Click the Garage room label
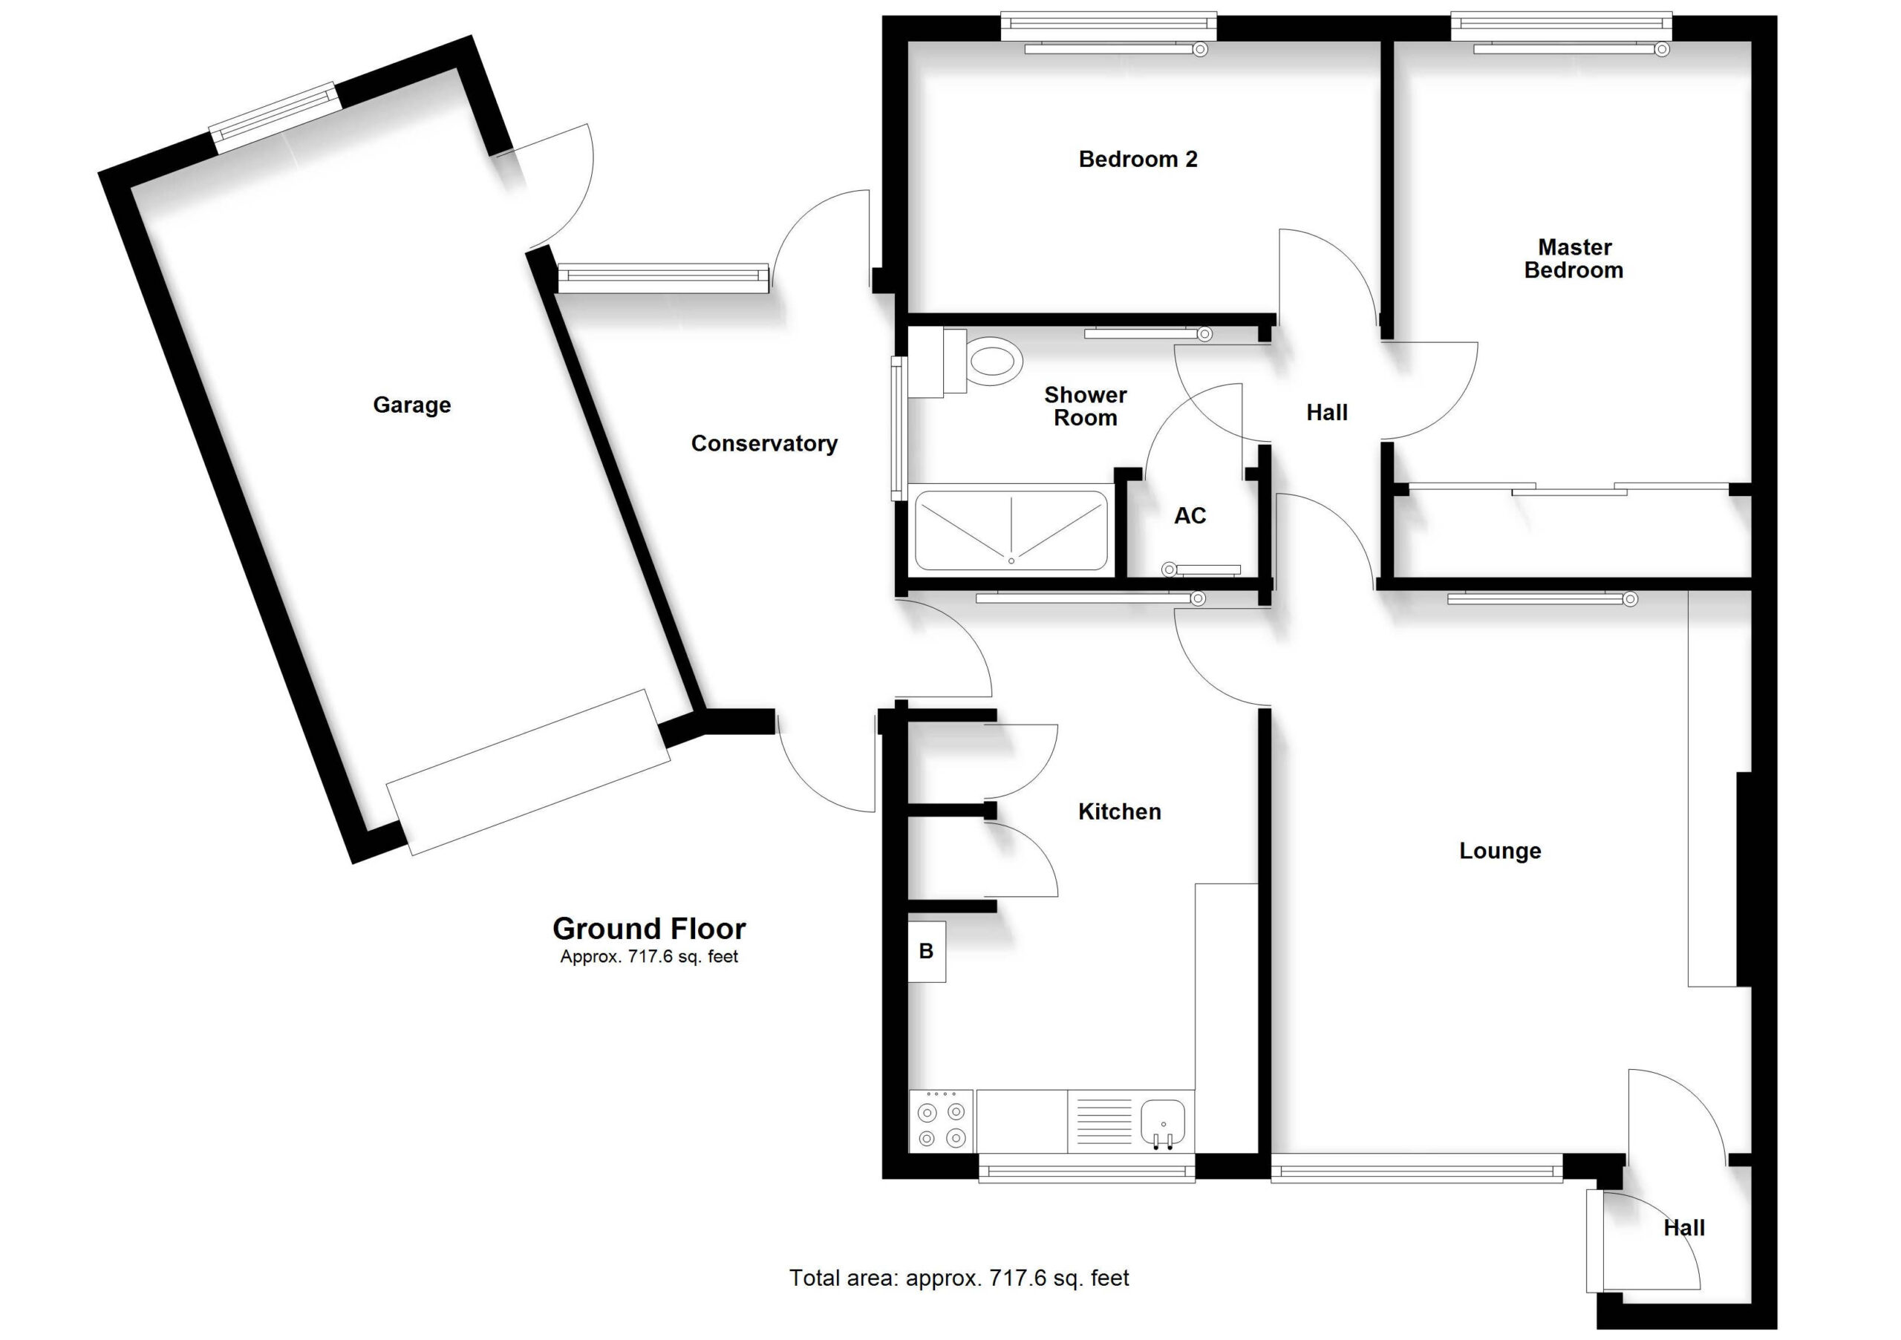pyautogui.click(x=411, y=405)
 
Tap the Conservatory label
pyautogui.click(x=764, y=444)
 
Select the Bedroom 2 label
pyautogui.click(x=1138, y=159)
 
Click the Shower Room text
pyautogui.click(x=1085, y=406)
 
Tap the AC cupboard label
pyautogui.click(x=1190, y=516)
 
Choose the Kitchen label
pyautogui.click(x=1119, y=812)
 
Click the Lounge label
pyautogui.click(x=1499, y=851)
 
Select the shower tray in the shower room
pyautogui.click(x=1011, y=530)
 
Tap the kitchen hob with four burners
pyautogui.click(x=942, y=1121)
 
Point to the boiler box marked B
pyautogui.click(x=927, y=952)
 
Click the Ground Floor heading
pyautogui.click(x=649, y=929)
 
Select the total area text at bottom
pyautogui.click(x=959, y=1278)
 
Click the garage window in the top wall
pyautogui.click(x=274, y=117)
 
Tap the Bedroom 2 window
pyautogui.click(x=1109, y=27)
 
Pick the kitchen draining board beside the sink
pyautogui.click(x=1101, y=1122)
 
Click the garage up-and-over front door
pyautogui.click(x=528, y=771)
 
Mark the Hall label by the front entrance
pyautogui.click(x=1684, y=1228)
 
